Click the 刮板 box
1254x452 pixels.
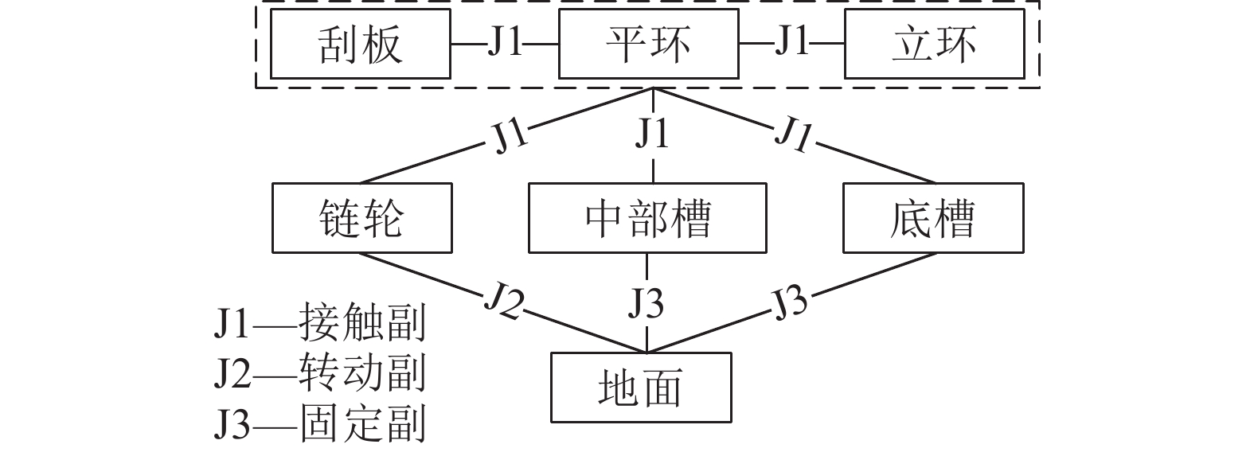click(x=361, y=44)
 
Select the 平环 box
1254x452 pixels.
click(x=648, y=44)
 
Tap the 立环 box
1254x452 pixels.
click(x=934, y=44)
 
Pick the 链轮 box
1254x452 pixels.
click(x=362, y=218)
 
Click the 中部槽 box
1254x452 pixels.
click(x=647, y=218)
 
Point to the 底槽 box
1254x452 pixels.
click(x=933, y=218)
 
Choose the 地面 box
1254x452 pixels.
click(x=641, y=388)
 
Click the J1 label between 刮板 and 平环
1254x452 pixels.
click(x=505, y=43)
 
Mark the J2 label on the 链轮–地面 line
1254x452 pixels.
click(x=504, y=302)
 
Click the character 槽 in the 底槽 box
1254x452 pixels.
click(x=954, y=218)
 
